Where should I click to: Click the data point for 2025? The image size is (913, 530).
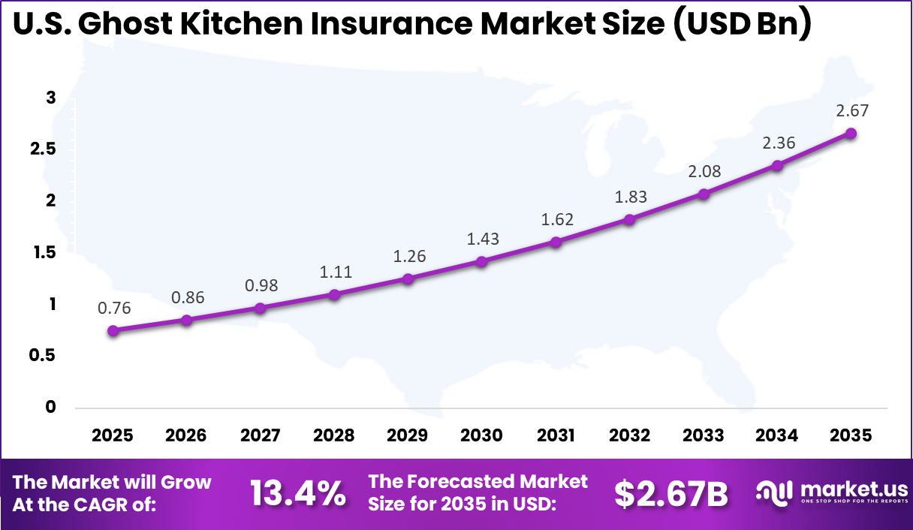tap(113, 330)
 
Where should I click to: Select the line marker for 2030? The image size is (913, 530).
tap(481, 261)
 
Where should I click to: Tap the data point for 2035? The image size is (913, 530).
tap(851, 133)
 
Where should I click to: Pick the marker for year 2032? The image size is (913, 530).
tap(629, 220)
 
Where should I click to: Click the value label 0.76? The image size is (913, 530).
tap(113, 308)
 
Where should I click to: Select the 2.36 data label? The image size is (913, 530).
tap(778, 143)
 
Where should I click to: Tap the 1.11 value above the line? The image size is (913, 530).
tap(335, 272)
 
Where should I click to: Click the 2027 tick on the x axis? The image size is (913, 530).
tap(261, 436)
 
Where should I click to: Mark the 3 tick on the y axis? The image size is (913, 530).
tap(51, 98)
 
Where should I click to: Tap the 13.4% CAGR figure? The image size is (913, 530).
tap(297, 493)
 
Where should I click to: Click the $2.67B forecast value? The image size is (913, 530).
tap(670, 493)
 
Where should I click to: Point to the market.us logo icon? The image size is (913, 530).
tap(774, 492)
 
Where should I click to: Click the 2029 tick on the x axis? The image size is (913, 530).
tap(408, 436)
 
